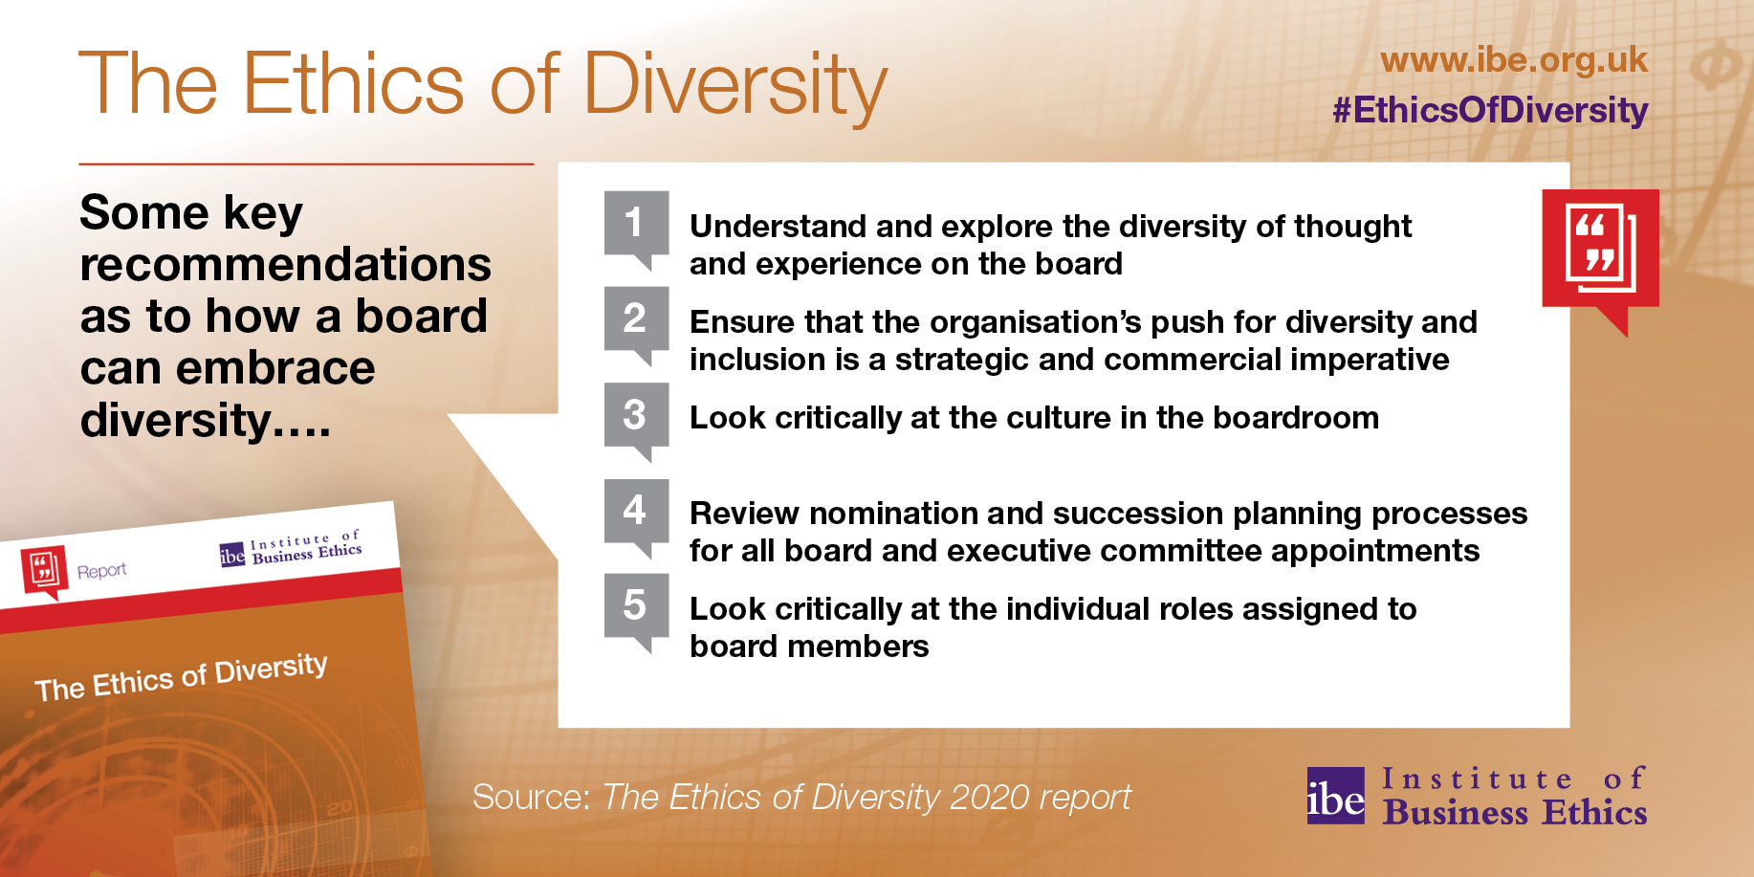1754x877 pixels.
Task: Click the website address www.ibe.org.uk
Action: (x=1514, y=60)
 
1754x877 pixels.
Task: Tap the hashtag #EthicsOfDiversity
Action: (x=1490, y=110)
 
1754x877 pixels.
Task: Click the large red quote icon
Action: (x=1600, y=254)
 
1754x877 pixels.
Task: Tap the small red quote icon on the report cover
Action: (x=43, y=571)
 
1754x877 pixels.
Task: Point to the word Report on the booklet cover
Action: (x=101, y=571)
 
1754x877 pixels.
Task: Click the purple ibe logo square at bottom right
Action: (x=1335, y=796)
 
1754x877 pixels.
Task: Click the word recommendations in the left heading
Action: (x=286, y=264)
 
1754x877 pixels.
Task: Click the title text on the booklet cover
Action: (x=181, y=676)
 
